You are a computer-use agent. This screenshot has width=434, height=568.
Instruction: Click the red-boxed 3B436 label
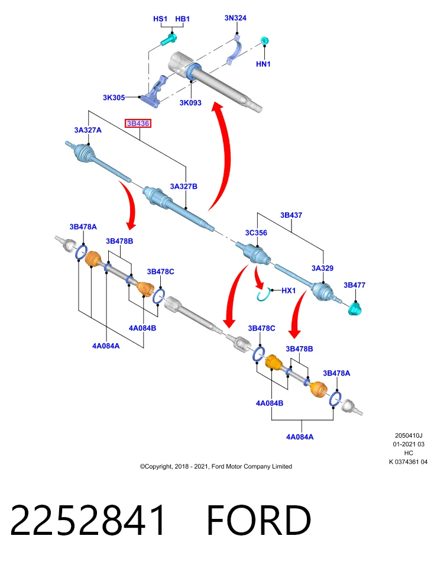point(138,124)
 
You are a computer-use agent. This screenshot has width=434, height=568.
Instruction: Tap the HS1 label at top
point(160,19)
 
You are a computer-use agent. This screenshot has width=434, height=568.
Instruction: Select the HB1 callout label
point(183,19)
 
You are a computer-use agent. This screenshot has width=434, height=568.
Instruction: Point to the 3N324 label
point(235,18)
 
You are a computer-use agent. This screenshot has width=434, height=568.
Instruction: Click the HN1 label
point(263,64)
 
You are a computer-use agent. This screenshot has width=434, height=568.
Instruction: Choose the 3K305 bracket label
point(114,98)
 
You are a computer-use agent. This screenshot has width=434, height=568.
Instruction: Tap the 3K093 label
point(190,103)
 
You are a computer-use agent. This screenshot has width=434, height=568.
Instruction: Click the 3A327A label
point(88,130)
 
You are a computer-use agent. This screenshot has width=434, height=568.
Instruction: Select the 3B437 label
point(291,215)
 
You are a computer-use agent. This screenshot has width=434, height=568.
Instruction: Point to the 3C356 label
point(256,233)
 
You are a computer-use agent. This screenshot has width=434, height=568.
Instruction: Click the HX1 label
point(289,291)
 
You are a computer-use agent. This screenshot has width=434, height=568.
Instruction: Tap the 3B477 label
point(354,285)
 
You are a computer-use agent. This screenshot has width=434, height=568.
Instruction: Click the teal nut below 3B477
point(356,309)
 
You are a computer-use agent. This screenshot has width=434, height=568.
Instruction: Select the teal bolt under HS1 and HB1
point(169,39)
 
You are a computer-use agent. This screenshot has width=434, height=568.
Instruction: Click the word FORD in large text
point(259,521)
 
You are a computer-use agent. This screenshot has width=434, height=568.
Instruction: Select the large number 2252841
point(88,521)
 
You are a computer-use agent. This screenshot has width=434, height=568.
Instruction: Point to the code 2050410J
point(409,436)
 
